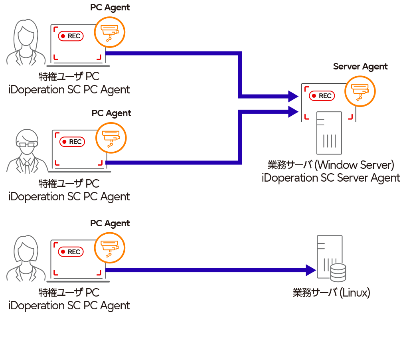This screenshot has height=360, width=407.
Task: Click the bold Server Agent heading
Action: click(x=360, y=67)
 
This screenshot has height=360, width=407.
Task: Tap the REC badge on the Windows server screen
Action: click(x=322, y=96)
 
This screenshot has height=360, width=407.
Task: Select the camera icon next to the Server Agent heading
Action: click(x=360, y=91)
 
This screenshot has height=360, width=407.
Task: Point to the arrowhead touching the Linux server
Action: click(x=311, y=270)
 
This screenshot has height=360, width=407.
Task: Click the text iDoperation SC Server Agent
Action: click(x=331, y=178)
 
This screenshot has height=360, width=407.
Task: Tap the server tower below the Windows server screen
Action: click(x=329, y=134)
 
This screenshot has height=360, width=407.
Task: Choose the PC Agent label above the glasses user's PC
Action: click(x=111, y=113)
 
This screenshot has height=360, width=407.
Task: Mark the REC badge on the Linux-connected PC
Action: click(x=71, y=252)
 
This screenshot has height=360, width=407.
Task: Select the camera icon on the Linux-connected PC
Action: click(x=109, y=247)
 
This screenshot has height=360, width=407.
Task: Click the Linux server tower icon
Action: click(x=328, y=255)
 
